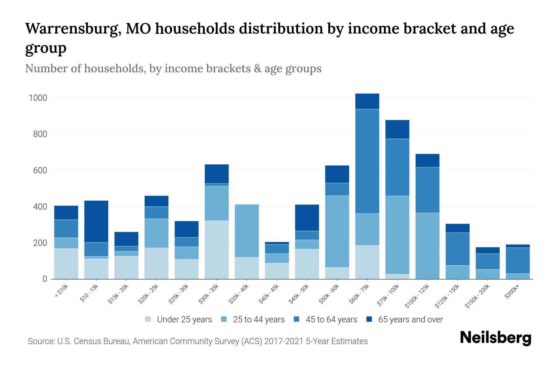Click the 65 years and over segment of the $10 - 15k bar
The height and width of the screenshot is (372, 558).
tap(96, 221)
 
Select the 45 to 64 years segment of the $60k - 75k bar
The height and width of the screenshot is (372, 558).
tap(367, 161)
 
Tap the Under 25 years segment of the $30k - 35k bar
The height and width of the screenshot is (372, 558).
tap(217, 250)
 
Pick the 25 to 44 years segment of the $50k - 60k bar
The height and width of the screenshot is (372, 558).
tap(337, 231)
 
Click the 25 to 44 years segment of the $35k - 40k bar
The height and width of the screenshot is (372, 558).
tap(247, 231)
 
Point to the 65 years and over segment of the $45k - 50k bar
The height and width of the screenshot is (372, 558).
tap(307, 218)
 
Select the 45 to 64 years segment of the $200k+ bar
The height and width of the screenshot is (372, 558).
tap(518, 260)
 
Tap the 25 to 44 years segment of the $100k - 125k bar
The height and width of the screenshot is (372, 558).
tap(427, 246)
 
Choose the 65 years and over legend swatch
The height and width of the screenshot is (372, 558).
tap(369, 319)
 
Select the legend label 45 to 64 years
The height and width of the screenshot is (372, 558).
tap(331, 320)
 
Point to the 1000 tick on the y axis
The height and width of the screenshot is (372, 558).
tap(38, 98)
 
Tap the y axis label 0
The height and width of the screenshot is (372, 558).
tap(45, 279)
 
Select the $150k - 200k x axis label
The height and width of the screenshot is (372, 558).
tap(477, 297)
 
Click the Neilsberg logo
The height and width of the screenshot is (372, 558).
tap(495, 338)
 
